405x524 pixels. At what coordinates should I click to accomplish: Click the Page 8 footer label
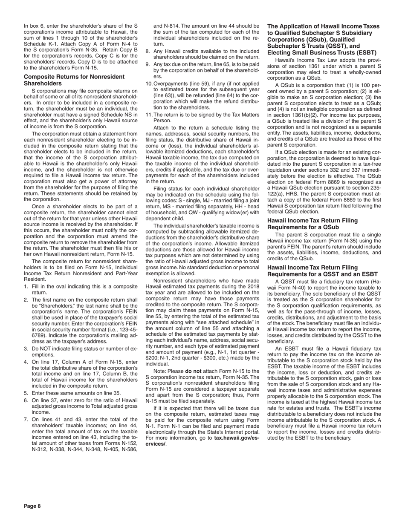point(32,506)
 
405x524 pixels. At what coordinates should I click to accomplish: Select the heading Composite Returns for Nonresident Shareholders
point(74,80)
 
